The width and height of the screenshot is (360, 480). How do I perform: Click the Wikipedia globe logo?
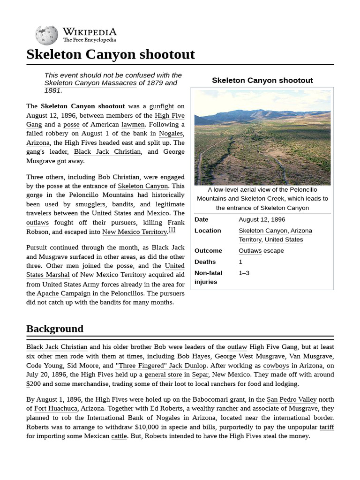coord(46,35)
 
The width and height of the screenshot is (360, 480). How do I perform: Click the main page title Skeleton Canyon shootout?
coord(110,54)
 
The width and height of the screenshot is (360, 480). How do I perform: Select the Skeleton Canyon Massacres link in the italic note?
coord(90,83)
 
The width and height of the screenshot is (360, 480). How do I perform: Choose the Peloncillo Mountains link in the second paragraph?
coord(101,195)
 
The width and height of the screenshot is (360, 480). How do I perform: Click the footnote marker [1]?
coord(172,230)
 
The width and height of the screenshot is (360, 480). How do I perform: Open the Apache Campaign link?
coord(64,293)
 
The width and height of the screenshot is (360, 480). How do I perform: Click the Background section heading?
coord(55,329)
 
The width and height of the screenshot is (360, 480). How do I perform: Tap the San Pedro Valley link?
coord(292,399)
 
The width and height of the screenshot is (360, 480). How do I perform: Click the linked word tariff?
coord(327,427)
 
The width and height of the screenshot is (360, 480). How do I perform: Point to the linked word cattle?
coord(119,436)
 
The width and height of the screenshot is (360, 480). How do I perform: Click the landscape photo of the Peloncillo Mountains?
coord(262,137)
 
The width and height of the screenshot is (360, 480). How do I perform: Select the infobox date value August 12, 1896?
coord(262,219)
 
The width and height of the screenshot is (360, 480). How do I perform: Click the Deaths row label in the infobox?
coord(205,262)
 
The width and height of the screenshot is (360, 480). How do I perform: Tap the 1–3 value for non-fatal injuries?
coord(244,273)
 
